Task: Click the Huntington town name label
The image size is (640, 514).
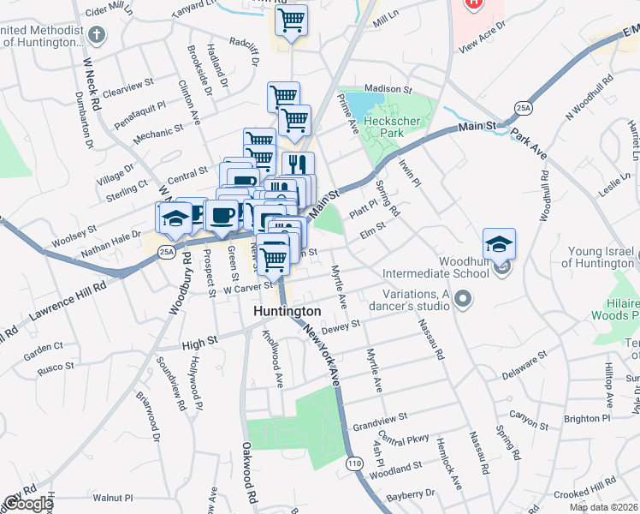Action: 287,312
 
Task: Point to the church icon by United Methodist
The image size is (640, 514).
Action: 97,35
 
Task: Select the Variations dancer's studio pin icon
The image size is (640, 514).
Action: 464,300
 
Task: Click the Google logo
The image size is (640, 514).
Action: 27,505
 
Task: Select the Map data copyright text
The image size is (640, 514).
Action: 603,507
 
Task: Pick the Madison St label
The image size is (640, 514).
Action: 388,89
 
